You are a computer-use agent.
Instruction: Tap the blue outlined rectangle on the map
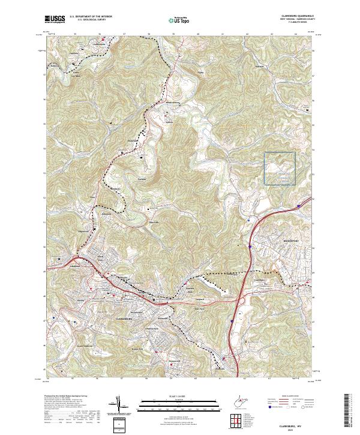pyautogui.click(x=280, y=168)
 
